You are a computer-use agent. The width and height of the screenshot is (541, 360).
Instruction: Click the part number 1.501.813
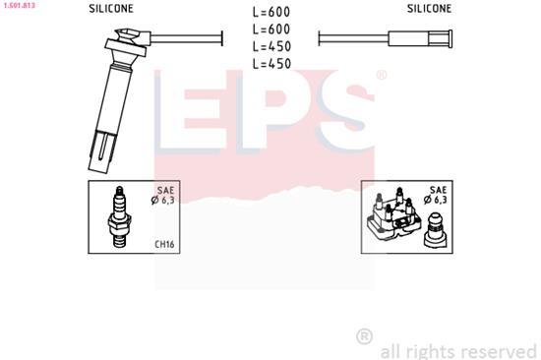click(19, 6)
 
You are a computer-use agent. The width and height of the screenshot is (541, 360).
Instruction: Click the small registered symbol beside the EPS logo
click(382, 75)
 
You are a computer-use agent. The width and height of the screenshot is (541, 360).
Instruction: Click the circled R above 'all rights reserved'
click(364, 336)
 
